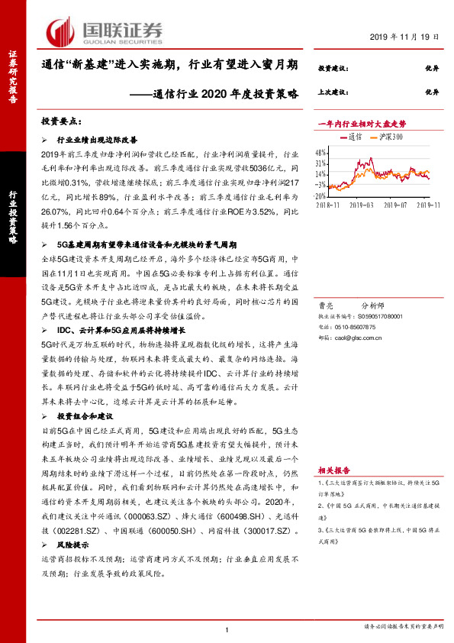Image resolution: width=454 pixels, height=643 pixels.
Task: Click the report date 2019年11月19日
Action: click(x=407, y=37)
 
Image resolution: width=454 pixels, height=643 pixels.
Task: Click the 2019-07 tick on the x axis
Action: click(x=394, y=205)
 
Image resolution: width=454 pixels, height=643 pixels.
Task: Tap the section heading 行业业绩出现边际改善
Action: click(x=97, y=141)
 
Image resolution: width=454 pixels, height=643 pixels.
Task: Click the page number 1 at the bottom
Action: click(x=227, y=628)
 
